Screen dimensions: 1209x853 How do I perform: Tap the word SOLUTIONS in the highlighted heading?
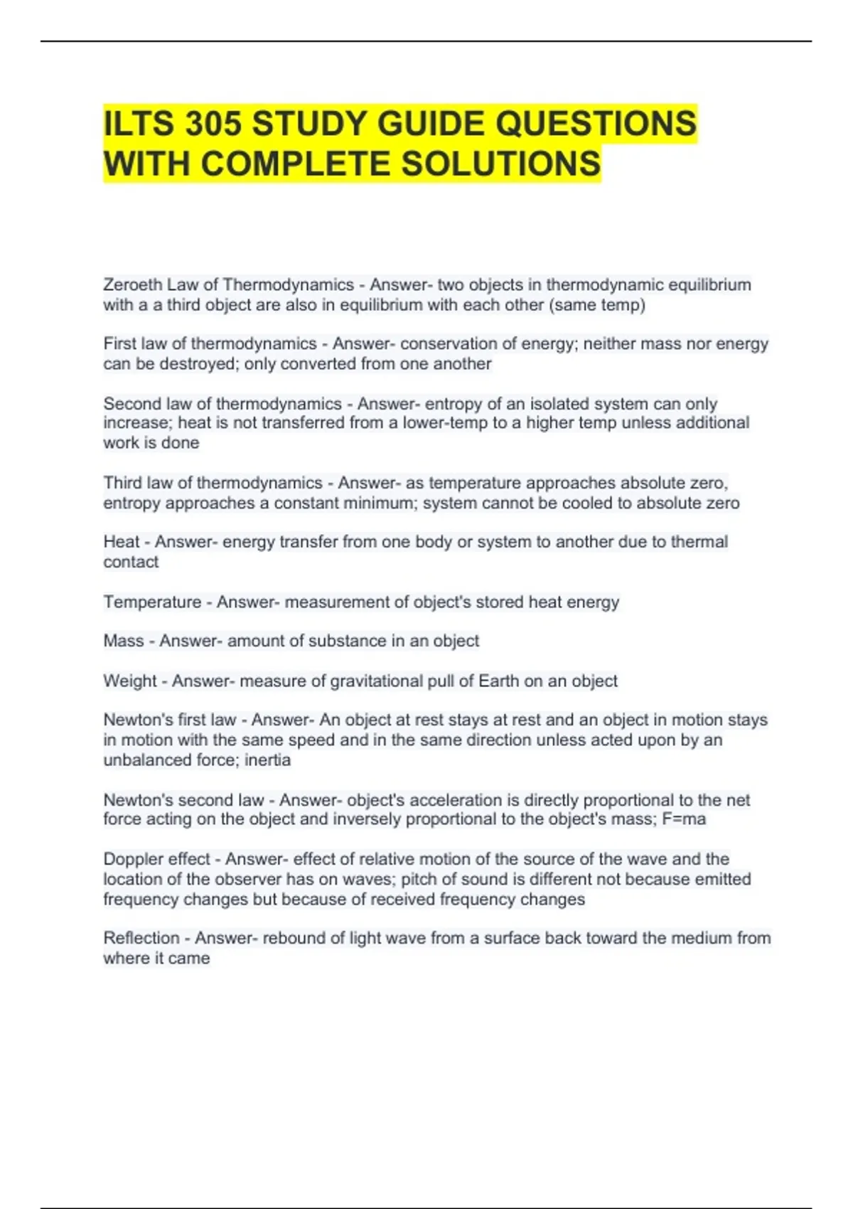point(501,164)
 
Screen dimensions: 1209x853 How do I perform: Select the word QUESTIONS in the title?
point(596,124)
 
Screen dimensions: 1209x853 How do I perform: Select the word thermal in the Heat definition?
point(699,542)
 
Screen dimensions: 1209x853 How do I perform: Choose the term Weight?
point(129,681)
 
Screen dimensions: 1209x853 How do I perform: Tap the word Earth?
point(498,681)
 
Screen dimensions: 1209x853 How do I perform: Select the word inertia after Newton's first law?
point(268,760)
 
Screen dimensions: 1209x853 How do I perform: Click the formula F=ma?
point(684,819)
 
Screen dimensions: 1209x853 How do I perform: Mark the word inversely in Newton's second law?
point(362,819)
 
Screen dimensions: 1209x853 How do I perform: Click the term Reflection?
point(141,938)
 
